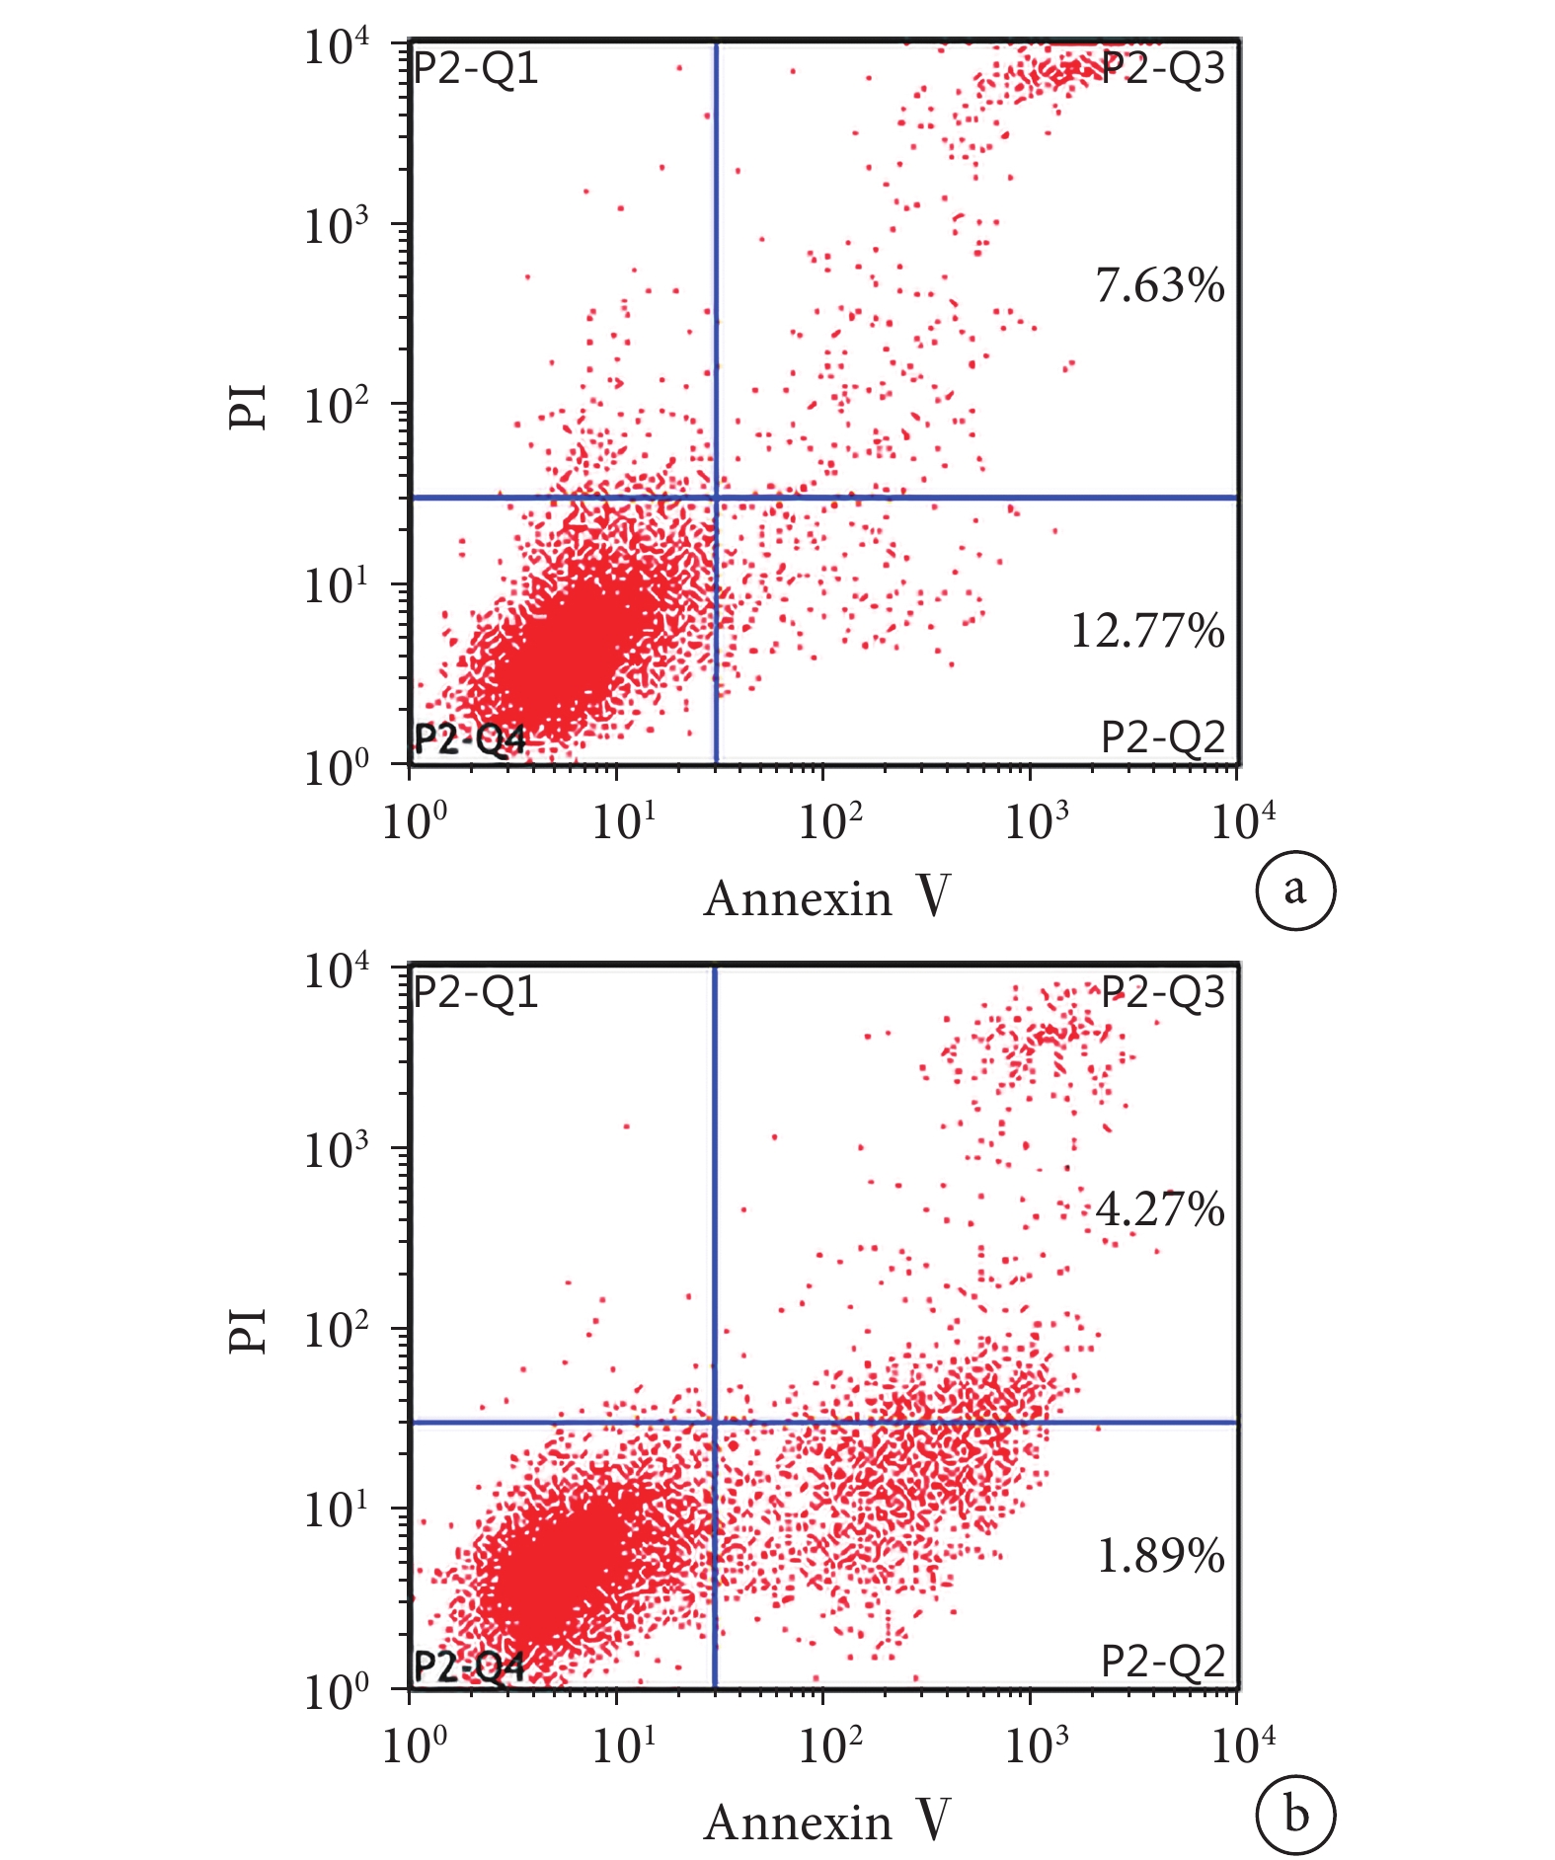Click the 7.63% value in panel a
1159,285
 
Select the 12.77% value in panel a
1146,631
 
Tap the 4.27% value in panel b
1159,1209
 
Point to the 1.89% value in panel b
1160,1556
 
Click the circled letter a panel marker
1294,890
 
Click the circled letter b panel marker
1294,1815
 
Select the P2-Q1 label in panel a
475,69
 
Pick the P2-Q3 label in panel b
1162,992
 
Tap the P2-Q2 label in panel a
1162,736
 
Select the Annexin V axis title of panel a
826,897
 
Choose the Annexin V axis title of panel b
826,1822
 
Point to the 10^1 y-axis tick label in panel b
335,1510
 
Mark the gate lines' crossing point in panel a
716,498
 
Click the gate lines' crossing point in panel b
714,1423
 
